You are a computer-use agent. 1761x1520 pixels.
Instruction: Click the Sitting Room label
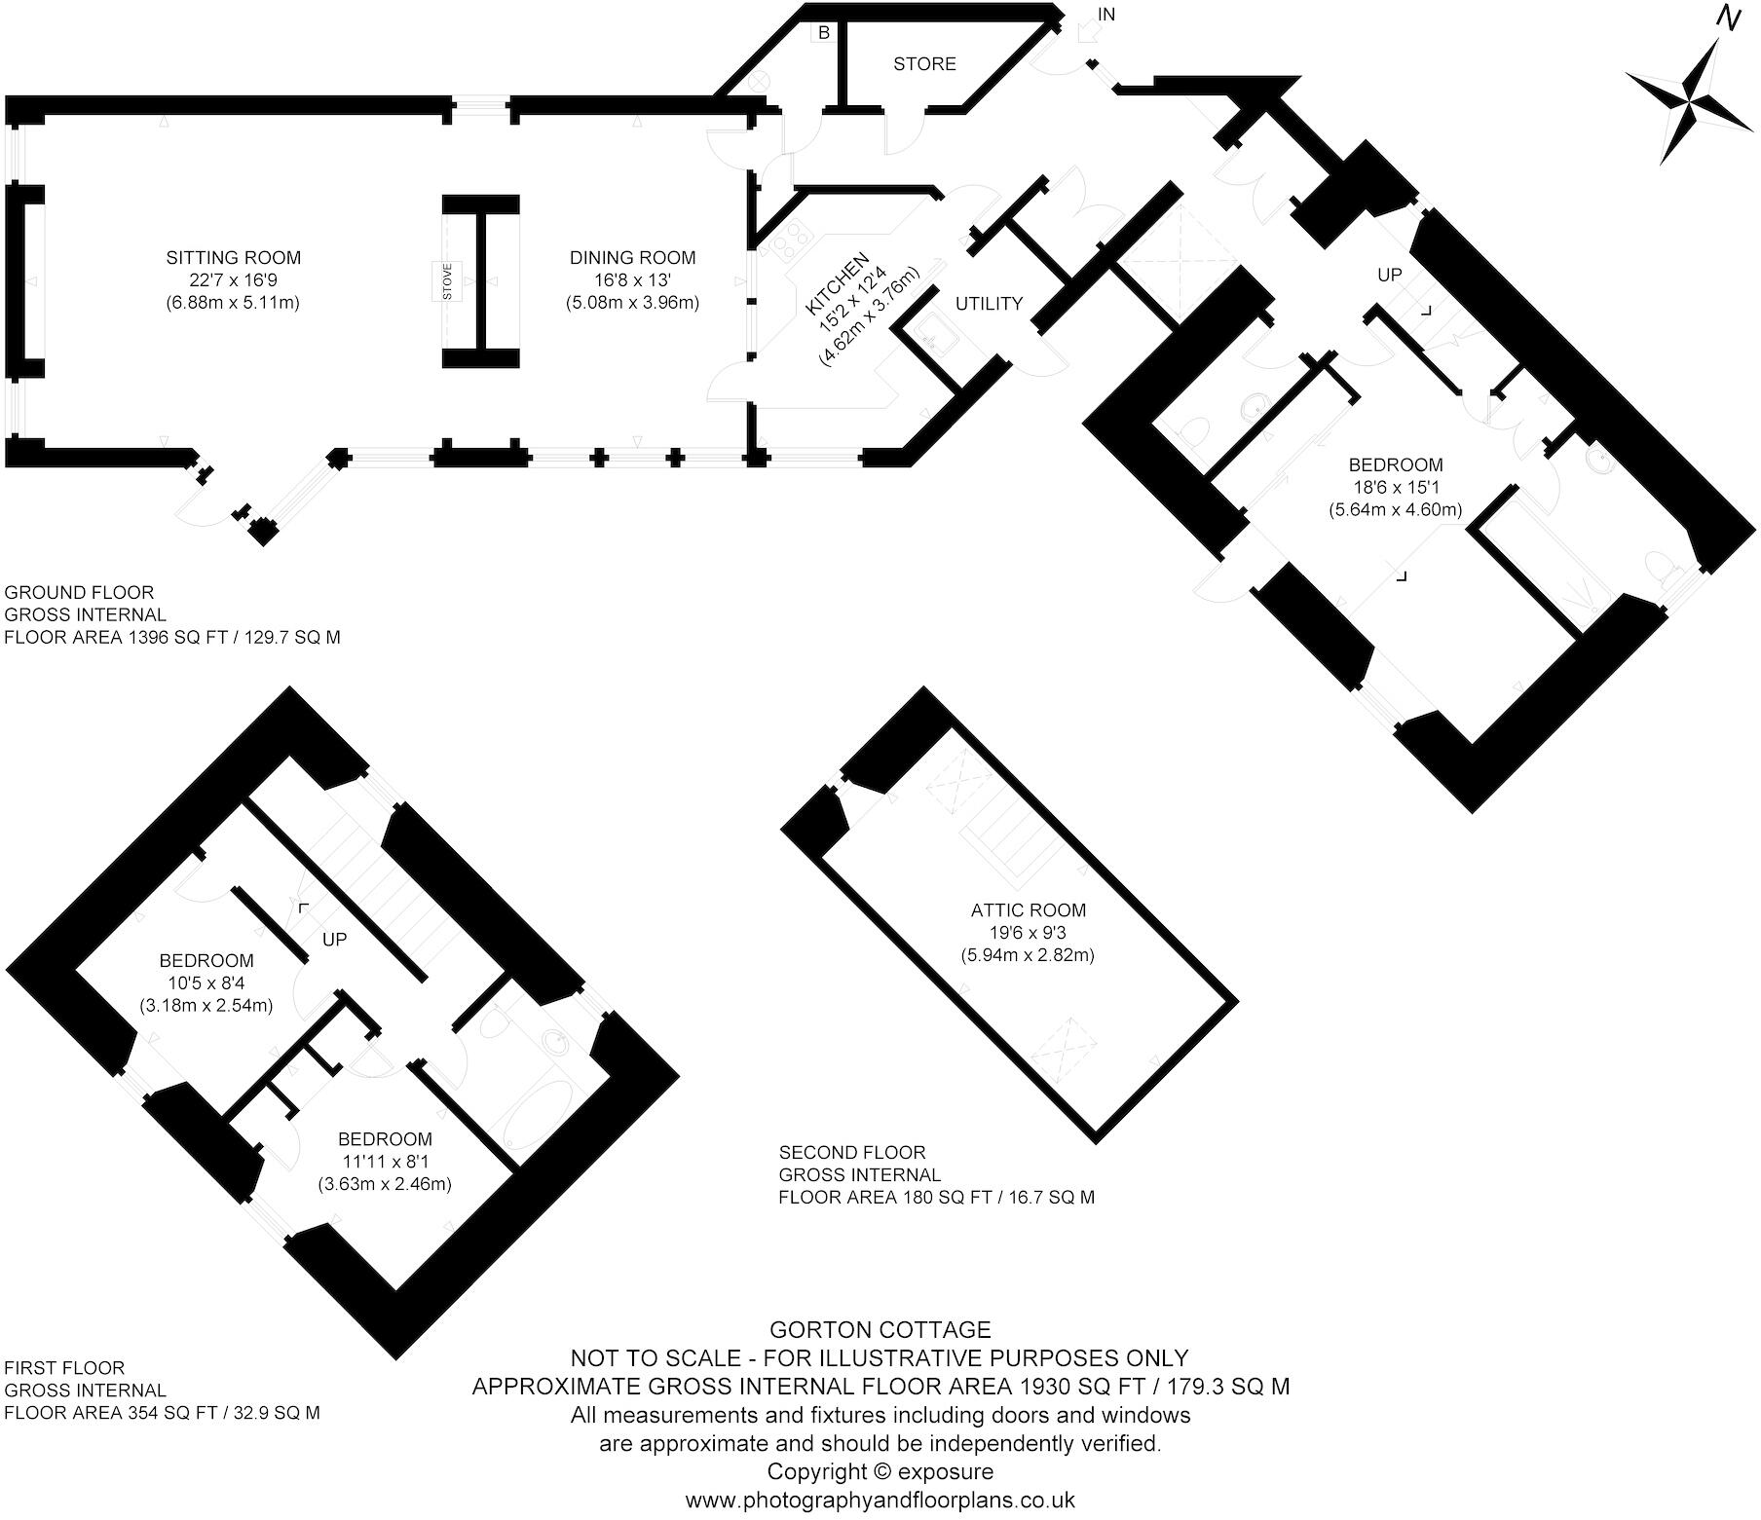tap(233, 258)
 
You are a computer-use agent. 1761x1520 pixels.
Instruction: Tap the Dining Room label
tap(632, 258)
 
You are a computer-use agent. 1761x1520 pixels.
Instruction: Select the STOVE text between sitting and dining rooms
tap(448, 281)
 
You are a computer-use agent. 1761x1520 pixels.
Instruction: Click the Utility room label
tap(989, 304)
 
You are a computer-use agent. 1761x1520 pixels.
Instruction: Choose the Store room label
tap(924, 64)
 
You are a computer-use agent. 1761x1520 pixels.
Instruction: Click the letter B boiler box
tap(824, 33)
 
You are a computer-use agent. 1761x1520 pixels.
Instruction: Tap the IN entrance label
tap(1106, 15)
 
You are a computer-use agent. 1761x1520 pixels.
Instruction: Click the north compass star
tap(1690, 101)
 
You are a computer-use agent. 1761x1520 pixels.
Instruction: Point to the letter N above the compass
tap(1729, 19)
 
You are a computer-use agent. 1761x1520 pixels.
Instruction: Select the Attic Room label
tap(1028, 910)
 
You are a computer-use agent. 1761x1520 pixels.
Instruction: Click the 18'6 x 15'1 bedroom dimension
tap(1395, 487)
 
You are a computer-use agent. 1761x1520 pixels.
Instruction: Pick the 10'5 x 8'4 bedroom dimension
tap(206, 983)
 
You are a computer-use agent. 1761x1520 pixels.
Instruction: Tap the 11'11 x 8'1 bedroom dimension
tap(385, 1162)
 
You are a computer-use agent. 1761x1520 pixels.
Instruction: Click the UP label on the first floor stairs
tap(334, 940)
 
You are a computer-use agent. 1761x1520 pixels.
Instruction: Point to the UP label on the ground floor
tap(1389, 276)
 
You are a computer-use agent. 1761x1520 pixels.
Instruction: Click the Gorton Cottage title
tap(880, 1330)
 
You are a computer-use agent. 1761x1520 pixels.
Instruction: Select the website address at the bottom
tap(880, 1501)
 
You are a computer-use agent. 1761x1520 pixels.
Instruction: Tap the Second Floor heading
tap(852, 1153)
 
